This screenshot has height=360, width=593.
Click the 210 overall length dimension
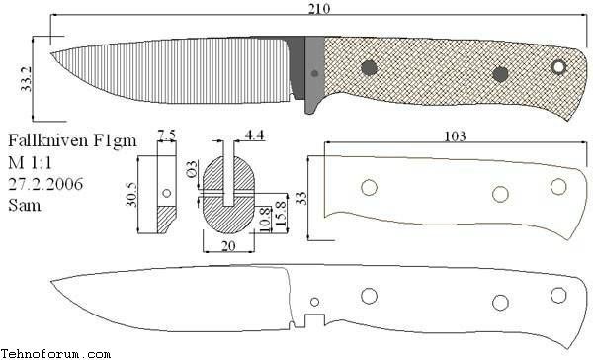pyautogui.click(x=318, y=8)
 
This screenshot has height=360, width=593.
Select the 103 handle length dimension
pyautogui.click(x=455, y=136)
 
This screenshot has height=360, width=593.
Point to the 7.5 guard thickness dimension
pyautogui.click(x=166, y=135)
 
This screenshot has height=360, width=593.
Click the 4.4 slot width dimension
pyautogui.click(x=255, y=135)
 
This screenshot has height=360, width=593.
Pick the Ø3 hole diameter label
pyautogui.click(x=192, y=169)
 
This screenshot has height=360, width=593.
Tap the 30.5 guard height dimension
pyautogui.click(x=131, y=194)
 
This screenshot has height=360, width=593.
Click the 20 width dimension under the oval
pyautogui.click(x=228, y=246)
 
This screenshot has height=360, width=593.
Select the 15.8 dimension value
pyautogui.click(x=281, y=214)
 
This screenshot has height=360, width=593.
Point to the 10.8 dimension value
pyautogui.click(x=265, y=220)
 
